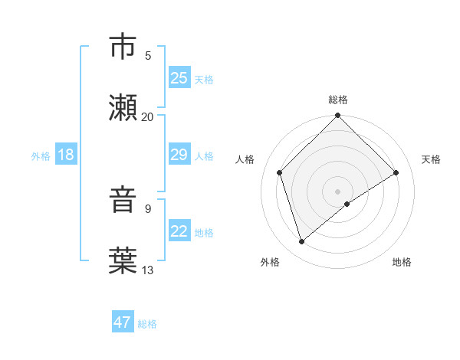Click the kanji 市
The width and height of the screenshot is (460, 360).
pyautogui.click(x=123, y=47)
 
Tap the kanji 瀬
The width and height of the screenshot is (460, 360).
pyautogui.click(x=123, y=107)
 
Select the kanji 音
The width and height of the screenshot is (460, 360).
pyautogui.click(x=123, y=201)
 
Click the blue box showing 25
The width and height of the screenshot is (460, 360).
pyautogui.click(x=179, y=78)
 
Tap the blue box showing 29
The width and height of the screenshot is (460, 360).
pyautogui.click(x=179, y=155)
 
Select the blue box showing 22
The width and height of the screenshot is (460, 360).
pyautogui.click(x=179, y=231)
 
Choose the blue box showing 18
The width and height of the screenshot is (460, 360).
pyautogui.click(x=66, y=155)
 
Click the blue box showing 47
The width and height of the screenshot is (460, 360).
pyautogui.click(x=123, y=322)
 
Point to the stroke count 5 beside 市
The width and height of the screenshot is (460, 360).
pyautogui.click(x=148, y=55)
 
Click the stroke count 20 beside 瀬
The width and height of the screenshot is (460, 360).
pyautogui.click(x=148, y=116)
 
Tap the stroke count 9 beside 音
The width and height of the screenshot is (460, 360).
pyautogui.click(x=148, y=208)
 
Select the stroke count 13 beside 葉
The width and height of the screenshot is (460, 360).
pyautogui.click(x=148, y=270)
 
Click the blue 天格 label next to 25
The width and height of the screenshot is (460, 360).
pyautogui.click(x=204, y=79)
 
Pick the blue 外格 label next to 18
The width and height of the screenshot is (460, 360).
pyautogui.click(x=41, y=155)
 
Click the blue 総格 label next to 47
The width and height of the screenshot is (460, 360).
pyautogui.click(x=147, y=324)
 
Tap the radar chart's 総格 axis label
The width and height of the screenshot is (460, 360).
pyautogui.click(x=338, y=100)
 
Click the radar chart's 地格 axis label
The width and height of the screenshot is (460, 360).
pyautogui.click(x=402, y=262)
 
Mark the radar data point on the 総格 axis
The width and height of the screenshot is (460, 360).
pyautogui.click(x=338, y=116)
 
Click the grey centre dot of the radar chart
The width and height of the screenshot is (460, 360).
pyautogui.click(x=338, y=191)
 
